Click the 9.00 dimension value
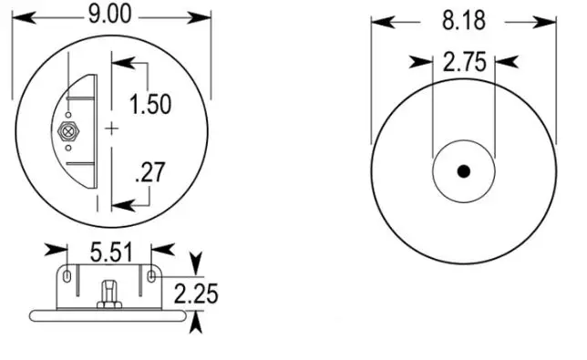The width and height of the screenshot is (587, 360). tap(110, 15)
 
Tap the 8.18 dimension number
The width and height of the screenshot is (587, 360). tap(464, 20)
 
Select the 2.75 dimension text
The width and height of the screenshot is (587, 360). tap(465, 62)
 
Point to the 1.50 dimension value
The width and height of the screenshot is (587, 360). tap(150, 104)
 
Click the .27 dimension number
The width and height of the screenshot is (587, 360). tap(150, 172)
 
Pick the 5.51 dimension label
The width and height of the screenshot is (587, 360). tap(111, 252)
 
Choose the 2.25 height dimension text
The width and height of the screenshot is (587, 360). tap(196, 293)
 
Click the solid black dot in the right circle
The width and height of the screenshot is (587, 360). tap(464, 171)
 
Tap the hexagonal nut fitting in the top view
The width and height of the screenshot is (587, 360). tap(68, 131)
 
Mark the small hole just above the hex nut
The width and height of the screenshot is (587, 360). tap(68, 115)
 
